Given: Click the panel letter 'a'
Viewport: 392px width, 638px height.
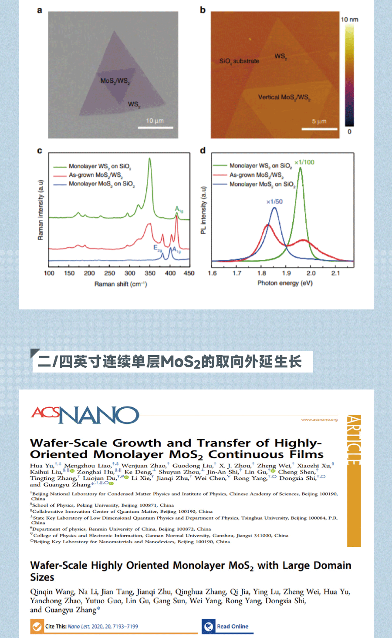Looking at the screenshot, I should (40, 10).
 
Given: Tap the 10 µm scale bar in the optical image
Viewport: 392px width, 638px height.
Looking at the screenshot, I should (155, 128).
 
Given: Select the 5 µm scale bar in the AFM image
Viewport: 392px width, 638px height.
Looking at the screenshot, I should (320, 129).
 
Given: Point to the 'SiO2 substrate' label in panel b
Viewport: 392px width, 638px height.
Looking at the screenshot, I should (239, 61).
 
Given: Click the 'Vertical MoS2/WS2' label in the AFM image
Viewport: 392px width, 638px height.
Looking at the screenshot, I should (284, 97).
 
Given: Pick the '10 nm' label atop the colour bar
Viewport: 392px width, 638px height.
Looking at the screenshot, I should (349, 20).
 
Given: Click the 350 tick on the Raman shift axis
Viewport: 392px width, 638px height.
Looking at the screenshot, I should (150, 273).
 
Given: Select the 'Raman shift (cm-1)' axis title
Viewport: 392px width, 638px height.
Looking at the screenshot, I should (121, 284).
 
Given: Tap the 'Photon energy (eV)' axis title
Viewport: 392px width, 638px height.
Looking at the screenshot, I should (285, 283).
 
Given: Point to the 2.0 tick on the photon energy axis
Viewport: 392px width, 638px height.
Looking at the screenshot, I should (311, 273).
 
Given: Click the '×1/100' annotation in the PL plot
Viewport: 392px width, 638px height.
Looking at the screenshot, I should (304, 162).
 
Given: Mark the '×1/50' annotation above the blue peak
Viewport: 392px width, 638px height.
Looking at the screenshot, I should (274, 202).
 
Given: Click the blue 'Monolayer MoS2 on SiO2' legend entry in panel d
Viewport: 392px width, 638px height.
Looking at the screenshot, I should (262, 185).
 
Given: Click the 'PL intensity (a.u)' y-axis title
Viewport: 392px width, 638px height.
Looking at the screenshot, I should (203, 210).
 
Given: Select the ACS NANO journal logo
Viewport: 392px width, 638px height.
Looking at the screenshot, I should (85, 415).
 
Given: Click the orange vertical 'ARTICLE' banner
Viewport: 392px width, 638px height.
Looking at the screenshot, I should (354, 479).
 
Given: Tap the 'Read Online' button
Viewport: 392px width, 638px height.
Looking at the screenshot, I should (227, 626).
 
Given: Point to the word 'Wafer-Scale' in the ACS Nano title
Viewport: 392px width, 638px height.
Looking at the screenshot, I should (68, 443).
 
